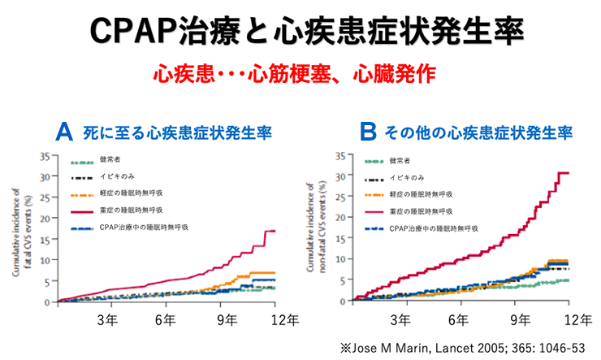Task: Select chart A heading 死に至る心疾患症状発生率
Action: click(177, 132)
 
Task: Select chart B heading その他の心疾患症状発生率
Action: click(478, 132)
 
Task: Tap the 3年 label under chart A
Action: click(106, 318)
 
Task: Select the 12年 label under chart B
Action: click(577, 318)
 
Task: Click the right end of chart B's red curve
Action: click(567, 172)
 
